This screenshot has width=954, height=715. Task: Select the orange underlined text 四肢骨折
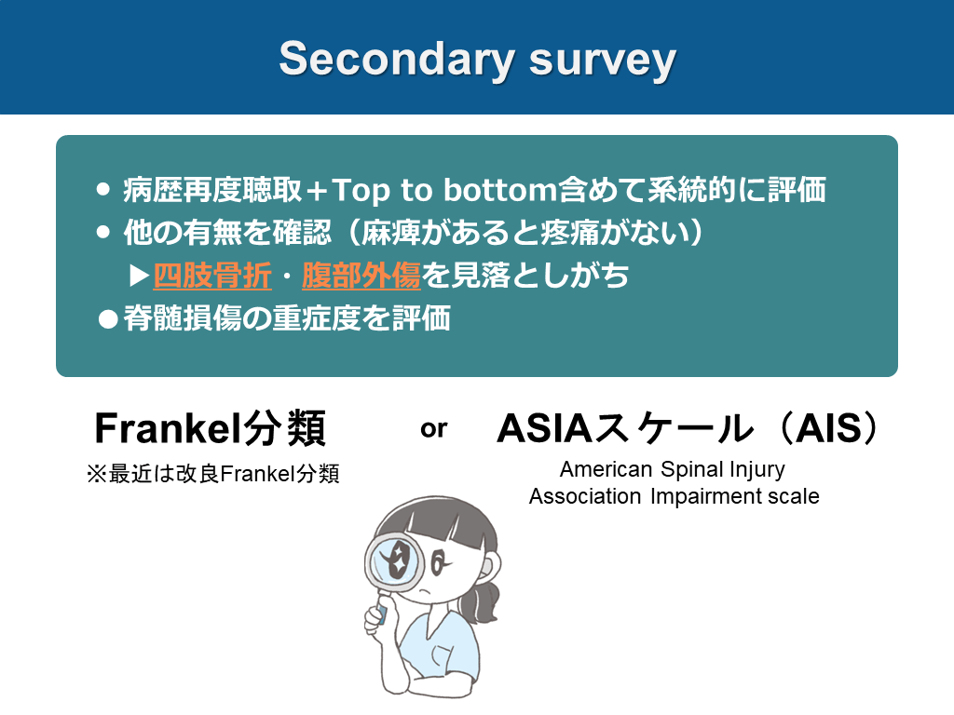tap(212, 276)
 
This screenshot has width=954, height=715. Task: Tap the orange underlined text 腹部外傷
tap(361, 276)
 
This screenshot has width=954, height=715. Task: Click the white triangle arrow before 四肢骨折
tap(140, 276)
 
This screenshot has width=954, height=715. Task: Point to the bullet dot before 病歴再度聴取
tap(103, 189)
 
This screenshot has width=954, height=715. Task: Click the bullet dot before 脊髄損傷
tap(108, 319)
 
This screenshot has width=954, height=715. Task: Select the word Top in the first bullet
tap(361, 191)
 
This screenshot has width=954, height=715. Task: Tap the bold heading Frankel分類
tap(211, 428)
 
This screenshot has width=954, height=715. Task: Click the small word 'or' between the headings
tap(434, 429)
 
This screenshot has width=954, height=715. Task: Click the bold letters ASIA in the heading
tap(544, 428)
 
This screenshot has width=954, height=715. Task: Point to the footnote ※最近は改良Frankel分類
tap(213, 474)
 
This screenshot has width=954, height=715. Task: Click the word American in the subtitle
tap(606, 469)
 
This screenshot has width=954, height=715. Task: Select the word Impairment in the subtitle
tap(705, 497)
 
